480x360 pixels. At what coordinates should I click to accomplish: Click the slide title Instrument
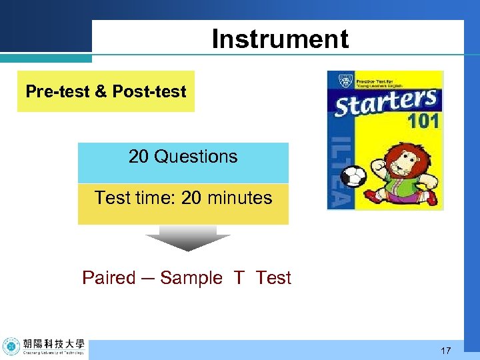click(280, 39)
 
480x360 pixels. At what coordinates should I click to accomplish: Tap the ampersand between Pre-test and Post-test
click(101, 91)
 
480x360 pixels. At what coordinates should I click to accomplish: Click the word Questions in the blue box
click(195, 157)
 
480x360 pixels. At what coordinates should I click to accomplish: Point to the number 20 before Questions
click(139, 157)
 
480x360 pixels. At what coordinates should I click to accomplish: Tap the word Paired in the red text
click(109, 278)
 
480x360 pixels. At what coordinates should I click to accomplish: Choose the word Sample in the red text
click(191, 278)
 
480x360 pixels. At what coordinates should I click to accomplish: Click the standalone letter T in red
click(239, 278)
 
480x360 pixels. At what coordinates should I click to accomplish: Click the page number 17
click(446, 350)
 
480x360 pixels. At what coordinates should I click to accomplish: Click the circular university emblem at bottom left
click(11, 347)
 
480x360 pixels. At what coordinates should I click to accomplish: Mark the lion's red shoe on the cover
click(431, 198)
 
